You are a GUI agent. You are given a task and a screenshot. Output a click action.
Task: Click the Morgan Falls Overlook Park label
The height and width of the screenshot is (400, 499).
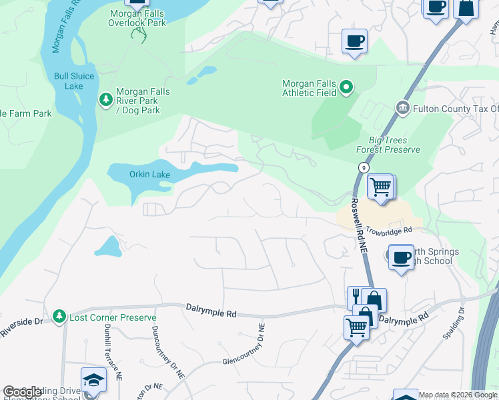[x=137, y=17]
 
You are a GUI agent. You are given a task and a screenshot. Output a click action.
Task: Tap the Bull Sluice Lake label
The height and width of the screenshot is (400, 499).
[x=69, y=81]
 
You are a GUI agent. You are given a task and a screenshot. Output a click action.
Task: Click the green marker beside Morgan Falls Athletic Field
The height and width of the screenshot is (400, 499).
[x=346, y=87]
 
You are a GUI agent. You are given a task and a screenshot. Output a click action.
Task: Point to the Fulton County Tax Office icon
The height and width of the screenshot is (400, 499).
[x=402, y=108]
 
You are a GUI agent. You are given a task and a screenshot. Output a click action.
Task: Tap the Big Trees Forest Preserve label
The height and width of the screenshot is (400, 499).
[x=394, y=145]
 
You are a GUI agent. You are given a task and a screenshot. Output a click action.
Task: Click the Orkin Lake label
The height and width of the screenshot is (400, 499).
[x=149, y=175]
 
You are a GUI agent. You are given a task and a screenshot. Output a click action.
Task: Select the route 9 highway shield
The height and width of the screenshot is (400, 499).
[x=362, y=167]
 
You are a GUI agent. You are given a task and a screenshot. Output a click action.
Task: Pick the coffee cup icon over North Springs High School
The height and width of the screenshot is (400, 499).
[x=401, y=257]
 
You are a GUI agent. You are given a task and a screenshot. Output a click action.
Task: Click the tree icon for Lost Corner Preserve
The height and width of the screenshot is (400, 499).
[x=59, y=316]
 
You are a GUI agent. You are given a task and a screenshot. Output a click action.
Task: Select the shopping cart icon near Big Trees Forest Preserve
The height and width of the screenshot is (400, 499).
[x=380, y=187]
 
